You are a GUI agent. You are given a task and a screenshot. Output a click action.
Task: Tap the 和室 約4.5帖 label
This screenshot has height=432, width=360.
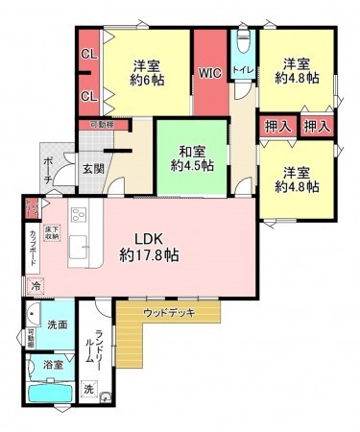(x=191, y=156)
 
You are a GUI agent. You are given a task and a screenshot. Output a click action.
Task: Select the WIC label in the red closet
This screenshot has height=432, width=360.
(x=210, y=72)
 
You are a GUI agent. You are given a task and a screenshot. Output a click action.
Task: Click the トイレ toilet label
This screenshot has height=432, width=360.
(x=243, y=70)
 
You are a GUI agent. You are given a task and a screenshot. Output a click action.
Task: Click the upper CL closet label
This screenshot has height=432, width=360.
(x=88, y=55)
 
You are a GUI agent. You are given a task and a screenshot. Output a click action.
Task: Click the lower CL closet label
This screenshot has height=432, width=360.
(x=88, y=96)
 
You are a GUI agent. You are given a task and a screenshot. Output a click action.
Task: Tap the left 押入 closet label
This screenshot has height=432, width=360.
(x=274, y=127)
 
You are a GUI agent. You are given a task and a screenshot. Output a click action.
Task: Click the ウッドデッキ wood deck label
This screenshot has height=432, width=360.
(x=165, y=313)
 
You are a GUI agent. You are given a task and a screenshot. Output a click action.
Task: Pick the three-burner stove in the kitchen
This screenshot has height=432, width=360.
(x=77, y=215)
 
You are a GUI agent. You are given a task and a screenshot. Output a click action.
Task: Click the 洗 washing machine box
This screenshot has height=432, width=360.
(x=88, y=389)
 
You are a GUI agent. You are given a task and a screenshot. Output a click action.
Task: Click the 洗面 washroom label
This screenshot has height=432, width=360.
(x=59, y=325)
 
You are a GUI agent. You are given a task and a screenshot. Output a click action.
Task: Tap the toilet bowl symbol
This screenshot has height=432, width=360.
(x=242, y=45)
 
